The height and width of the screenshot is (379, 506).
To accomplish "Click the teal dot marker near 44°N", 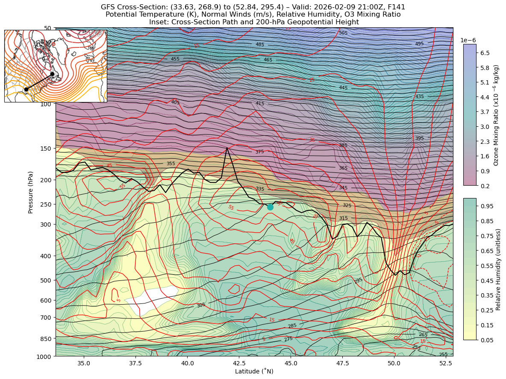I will coord(270,207).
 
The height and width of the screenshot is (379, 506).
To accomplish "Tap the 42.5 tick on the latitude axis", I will coord(239,363).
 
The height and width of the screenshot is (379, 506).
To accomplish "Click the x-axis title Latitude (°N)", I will coord(254,371).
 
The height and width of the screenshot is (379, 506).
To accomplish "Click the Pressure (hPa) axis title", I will coord(31,192).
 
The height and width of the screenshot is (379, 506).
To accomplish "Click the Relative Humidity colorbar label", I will coord(498,269).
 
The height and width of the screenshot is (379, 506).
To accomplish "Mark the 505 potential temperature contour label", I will coord(343,33).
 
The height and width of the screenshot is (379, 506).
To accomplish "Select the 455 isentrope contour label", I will coord(175,59).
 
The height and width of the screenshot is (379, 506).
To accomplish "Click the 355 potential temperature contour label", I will coord(171,163).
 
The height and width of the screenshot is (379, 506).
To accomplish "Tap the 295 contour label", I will coord(359,280).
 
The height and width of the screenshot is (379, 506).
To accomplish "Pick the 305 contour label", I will coord(201,305).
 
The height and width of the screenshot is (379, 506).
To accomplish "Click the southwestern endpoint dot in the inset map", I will coord(26,89).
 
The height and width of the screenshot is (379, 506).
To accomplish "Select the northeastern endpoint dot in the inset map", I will coord(52,74).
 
